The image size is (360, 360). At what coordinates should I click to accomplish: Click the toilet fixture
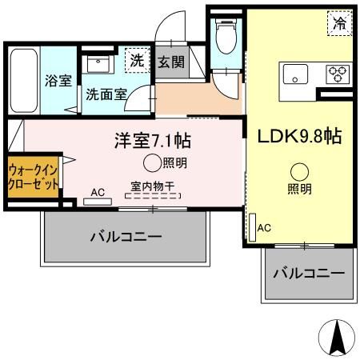click(x=226, y=36)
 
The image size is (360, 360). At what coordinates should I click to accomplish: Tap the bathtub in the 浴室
click(x=23, y=80)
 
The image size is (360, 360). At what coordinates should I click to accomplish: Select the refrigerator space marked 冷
click(x=340, y=22)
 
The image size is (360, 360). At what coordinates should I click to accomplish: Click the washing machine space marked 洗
click(x=138, y=60)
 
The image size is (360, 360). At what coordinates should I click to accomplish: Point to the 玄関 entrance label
click(x=171, y=62)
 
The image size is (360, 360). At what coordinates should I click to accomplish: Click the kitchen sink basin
click(x=295, y=74)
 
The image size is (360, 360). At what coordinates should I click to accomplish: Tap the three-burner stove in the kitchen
click(x=338, y=74)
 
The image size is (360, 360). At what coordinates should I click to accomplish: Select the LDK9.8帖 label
click(x=299, y=136)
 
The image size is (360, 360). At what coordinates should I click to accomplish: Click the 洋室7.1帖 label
click(x=153, y=141)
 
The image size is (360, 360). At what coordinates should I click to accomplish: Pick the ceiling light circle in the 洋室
click(x=152, y=163)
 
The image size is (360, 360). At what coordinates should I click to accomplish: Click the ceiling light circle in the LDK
click(x=299, y=172)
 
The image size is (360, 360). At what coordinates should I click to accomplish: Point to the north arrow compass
click(x=337, y=337)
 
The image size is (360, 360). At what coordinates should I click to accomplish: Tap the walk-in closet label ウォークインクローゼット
click(x=33, y=177)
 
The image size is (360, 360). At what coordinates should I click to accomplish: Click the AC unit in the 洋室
click(x=98, y=202)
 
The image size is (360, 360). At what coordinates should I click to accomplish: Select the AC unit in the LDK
click(x=252, y=227)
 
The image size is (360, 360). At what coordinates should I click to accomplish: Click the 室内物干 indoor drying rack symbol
click(x=153, y=196)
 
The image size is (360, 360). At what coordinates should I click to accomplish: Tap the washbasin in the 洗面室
click(x=98, y=65)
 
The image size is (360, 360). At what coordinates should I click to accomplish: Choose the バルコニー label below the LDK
click(x=309, y=274)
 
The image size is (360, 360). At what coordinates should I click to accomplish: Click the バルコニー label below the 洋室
click(x=126, y=236)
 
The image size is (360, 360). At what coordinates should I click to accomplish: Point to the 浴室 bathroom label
click(x=58, y=81)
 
